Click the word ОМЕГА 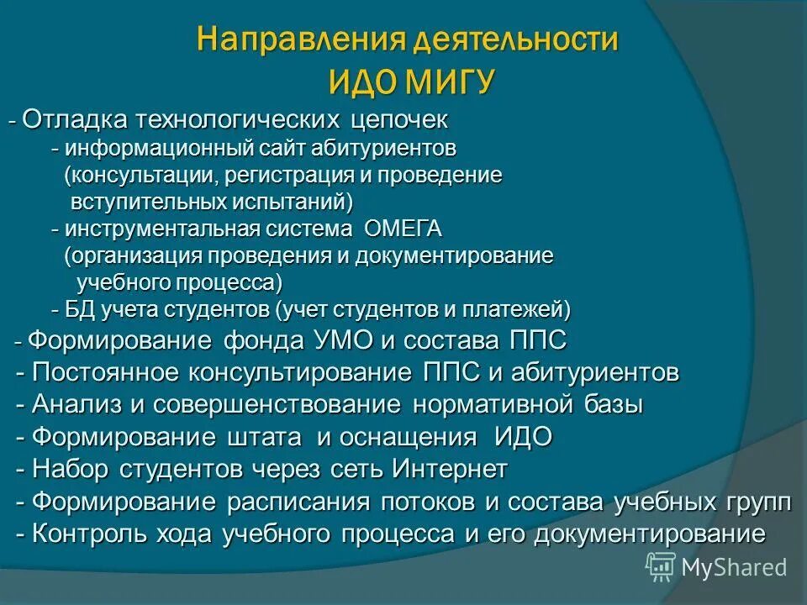[403, 229]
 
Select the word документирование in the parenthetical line [455, 256]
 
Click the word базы [614, 404]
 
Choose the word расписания [298, 502]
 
